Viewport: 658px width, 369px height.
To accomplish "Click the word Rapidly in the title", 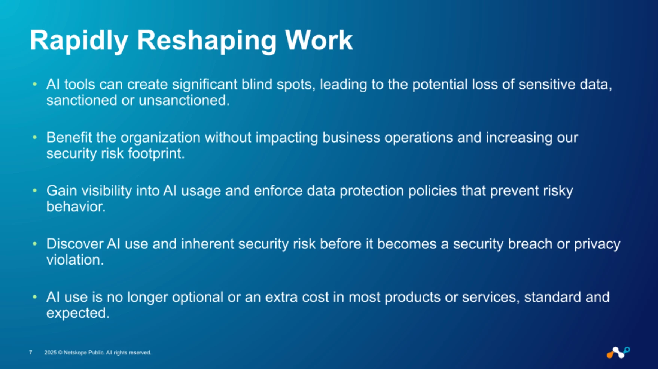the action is pos(79,40).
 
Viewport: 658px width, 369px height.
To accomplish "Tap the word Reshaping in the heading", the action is pos(206,40).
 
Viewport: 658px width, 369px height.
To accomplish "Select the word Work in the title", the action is pos(319,40).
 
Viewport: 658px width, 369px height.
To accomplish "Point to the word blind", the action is pos(256,84).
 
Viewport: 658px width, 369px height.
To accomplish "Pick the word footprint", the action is pos(156,153).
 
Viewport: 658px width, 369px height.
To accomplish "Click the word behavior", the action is pos(76,207).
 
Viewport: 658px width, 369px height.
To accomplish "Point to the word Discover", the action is pos(74,244).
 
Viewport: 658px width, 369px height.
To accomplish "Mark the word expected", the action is pos(78,313).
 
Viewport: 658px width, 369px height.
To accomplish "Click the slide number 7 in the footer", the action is pos(31,353).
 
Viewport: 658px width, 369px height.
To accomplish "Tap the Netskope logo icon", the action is pos(618,353).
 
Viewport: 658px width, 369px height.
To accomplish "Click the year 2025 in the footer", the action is pos(50,353).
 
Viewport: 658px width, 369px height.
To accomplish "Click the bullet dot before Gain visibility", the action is pos(35,190).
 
